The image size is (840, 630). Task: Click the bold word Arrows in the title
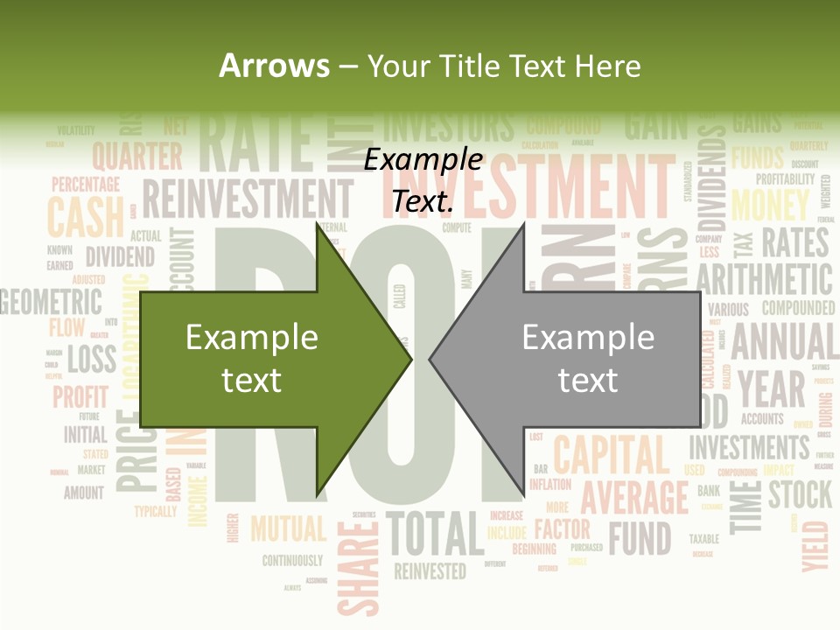(274, 66)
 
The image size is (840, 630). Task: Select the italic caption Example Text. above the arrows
(423, 180)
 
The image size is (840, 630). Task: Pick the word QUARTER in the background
(137, 157)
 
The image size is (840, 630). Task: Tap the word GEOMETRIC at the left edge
(51, 303)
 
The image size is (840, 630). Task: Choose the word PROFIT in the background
(80, 396)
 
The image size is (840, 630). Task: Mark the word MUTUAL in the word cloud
(288, 528)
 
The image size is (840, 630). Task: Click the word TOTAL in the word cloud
(435, 533)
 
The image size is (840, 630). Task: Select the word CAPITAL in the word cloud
(611, 455)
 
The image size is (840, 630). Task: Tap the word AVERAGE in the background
(635, 497)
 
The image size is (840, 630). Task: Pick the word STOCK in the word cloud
(800, 494)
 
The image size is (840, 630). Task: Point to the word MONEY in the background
(770, 206)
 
